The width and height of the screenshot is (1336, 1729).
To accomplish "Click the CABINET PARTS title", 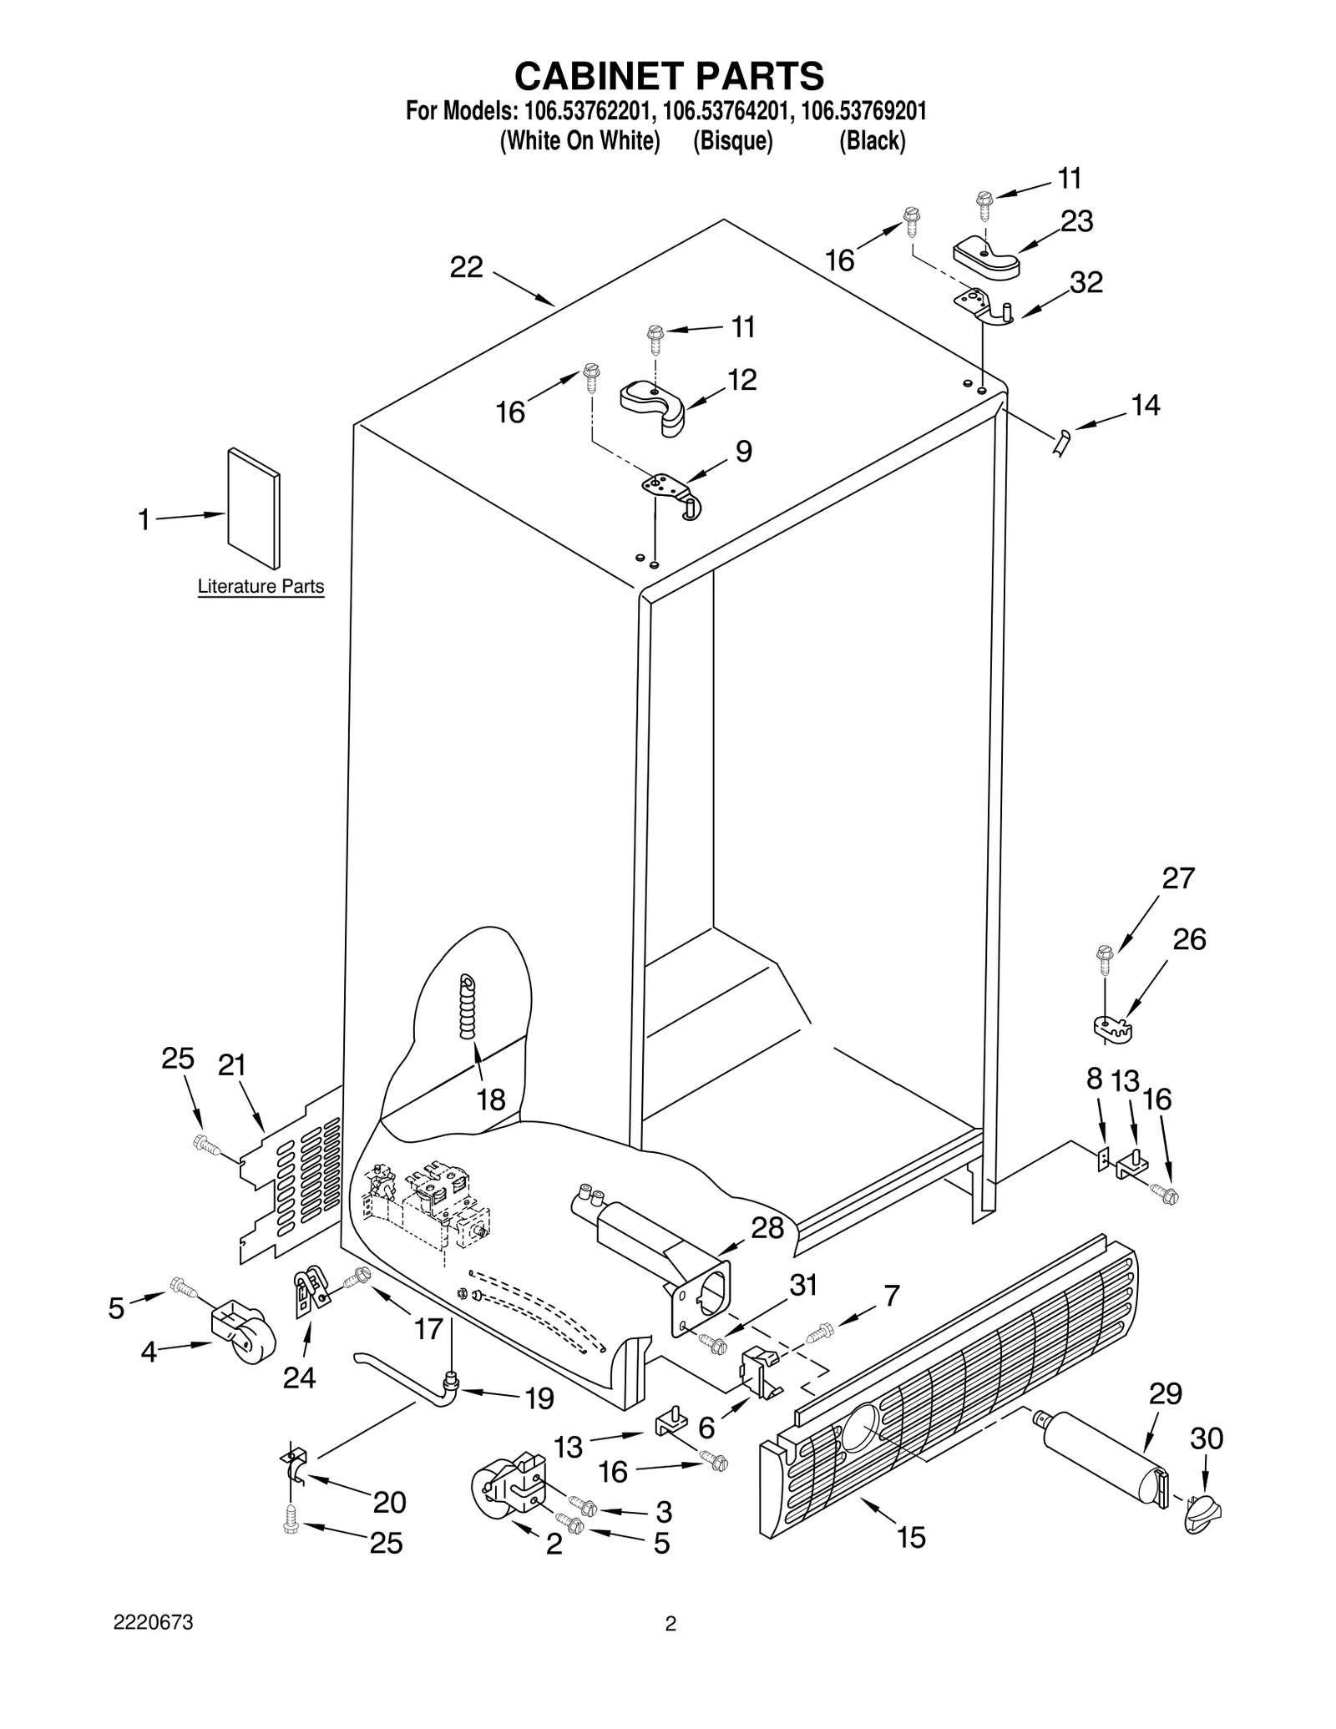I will point(669,76).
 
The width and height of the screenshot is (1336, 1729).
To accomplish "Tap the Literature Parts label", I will point(261,587).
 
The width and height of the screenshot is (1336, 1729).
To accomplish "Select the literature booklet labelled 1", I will point(254,508).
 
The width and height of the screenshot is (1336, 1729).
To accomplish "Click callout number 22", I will point(466,267).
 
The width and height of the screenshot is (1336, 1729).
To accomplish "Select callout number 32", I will point(1085,282).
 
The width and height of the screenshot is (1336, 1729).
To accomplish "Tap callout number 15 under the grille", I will point(911,1537).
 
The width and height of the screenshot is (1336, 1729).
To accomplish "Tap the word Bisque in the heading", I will point(733,140).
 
